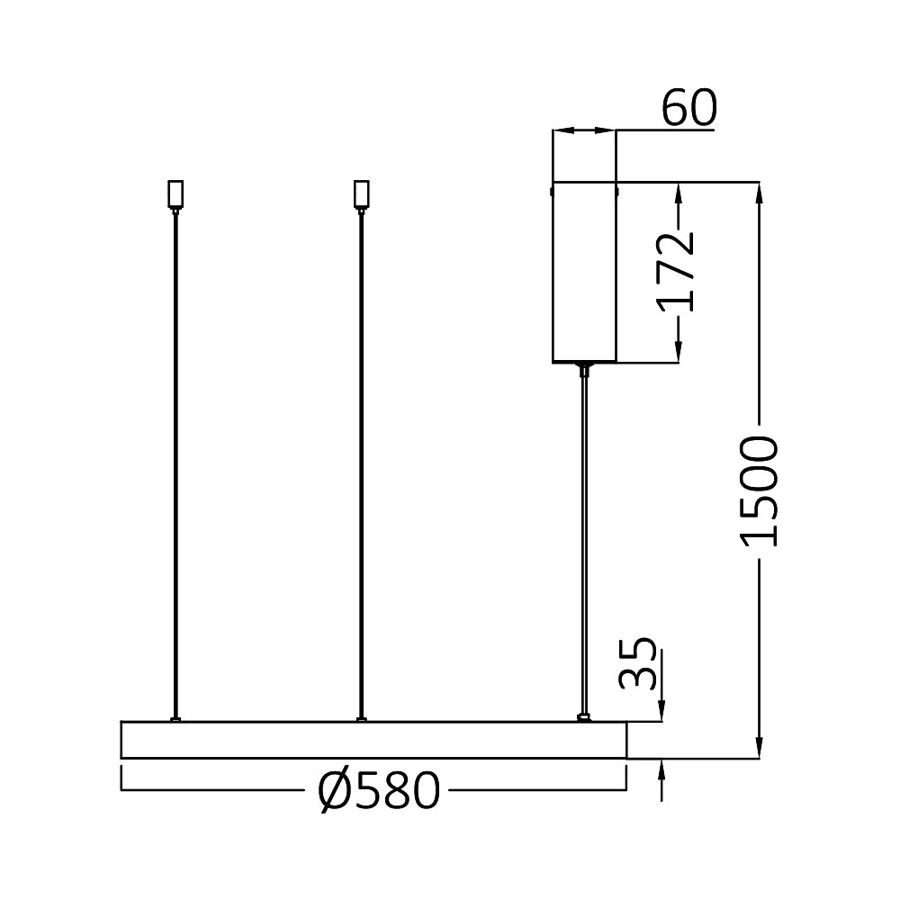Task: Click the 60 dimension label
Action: pos(689,109)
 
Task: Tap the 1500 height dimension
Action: pos(760,490)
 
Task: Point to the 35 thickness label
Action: pos(640,663)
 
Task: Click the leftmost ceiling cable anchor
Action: pos(175,194)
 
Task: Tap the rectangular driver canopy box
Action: pos(584,273)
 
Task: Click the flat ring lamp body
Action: pos(373,739)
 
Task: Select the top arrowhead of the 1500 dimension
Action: pos(761,192)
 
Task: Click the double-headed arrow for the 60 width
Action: pos(584,131)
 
